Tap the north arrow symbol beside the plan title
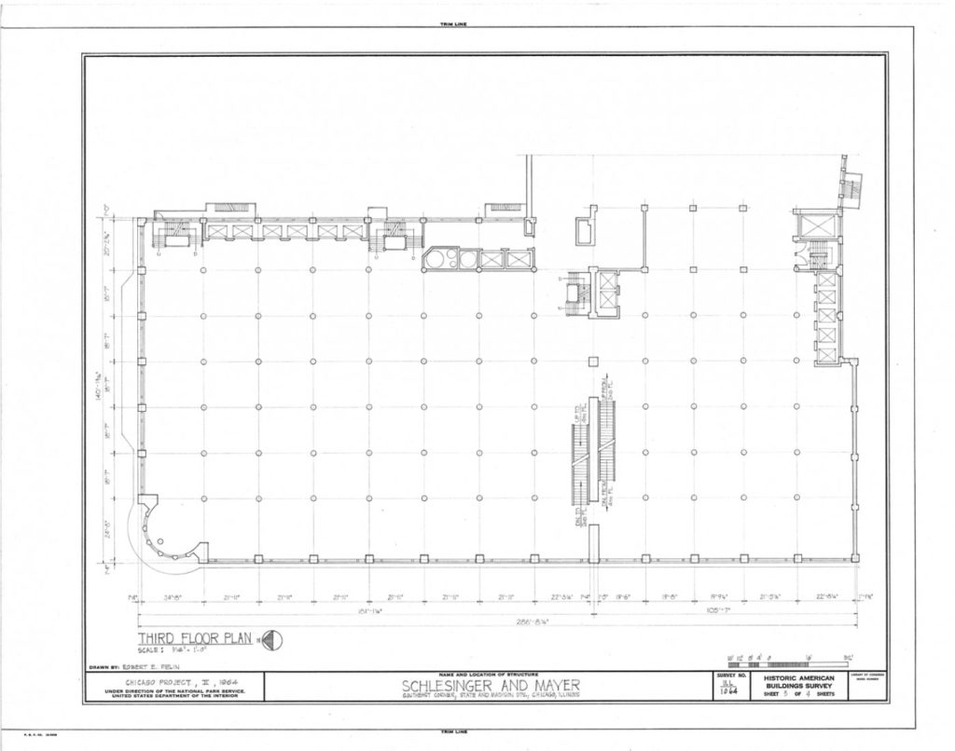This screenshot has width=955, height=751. coord(273,639)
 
